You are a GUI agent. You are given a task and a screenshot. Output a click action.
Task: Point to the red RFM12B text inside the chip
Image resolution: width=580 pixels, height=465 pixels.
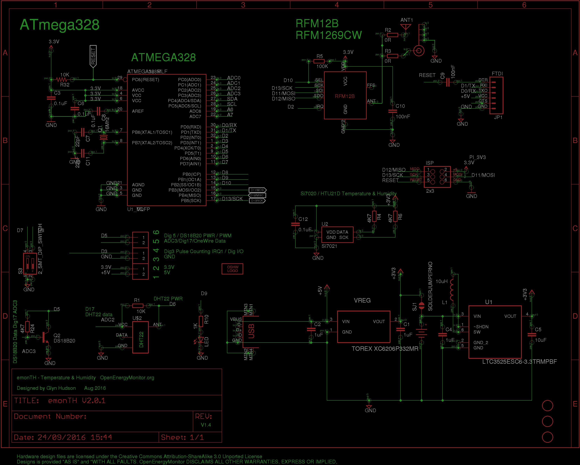point(345,96)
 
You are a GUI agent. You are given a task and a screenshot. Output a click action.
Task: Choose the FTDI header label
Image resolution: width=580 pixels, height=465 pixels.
point(497,73)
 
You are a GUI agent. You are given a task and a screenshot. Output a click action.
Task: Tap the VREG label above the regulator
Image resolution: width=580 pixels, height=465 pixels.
point(362,300)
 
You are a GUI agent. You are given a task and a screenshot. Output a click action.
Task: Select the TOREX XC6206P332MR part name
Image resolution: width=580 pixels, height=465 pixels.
point(385,349)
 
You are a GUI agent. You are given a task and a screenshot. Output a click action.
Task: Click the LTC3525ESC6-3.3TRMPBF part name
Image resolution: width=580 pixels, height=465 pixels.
point(519,362)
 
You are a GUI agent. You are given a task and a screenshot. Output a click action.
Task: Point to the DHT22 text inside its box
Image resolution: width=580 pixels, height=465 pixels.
point(141,339)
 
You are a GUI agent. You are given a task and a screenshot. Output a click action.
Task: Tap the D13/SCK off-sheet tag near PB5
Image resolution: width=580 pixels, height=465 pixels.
point(257,201)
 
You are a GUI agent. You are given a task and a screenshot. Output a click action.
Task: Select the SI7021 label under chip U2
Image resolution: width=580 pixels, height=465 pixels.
point(329,246)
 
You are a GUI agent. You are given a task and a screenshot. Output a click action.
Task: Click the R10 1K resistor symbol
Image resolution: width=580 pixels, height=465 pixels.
point(201,321)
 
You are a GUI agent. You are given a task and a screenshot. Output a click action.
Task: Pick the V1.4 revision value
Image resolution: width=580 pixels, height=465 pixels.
point(206,425)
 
